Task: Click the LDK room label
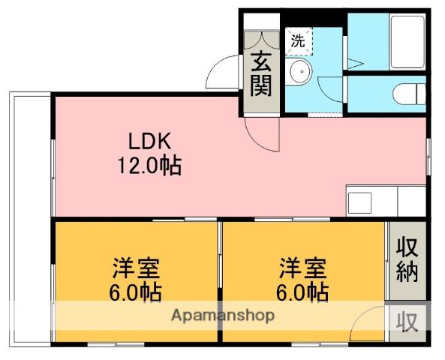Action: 150,141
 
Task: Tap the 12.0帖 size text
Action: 149,166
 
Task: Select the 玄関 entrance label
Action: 261,74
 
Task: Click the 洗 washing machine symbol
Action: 299,41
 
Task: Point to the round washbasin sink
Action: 301,70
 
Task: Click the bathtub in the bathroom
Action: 407,42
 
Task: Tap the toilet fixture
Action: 410,94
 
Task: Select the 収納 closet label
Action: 407,260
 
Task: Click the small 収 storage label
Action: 407,322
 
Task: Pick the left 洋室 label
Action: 137,268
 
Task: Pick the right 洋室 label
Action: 303,268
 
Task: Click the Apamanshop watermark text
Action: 223,316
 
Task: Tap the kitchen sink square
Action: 360,202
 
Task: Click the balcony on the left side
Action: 31,219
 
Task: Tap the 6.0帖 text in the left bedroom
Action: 135,292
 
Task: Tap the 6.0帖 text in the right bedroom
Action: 302,292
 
